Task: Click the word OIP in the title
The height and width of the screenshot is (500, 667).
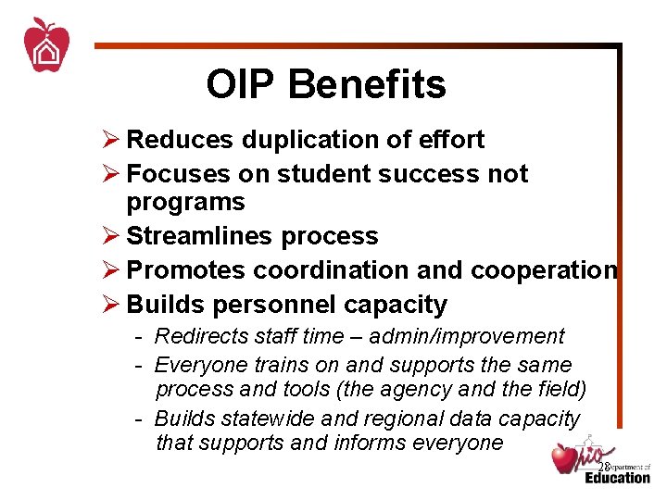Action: point(242,84)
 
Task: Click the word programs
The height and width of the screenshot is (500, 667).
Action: point(185,203)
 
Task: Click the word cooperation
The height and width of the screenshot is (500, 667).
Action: point(544,270)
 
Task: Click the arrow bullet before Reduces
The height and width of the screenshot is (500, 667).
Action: point(110,140)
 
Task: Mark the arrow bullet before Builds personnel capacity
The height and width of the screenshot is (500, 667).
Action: point(110,305)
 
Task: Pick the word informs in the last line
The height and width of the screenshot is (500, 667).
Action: point(372,444)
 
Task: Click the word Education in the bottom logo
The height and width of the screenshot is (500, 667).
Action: point(617,478)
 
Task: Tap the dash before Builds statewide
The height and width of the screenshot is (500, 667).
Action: point(137,419)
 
